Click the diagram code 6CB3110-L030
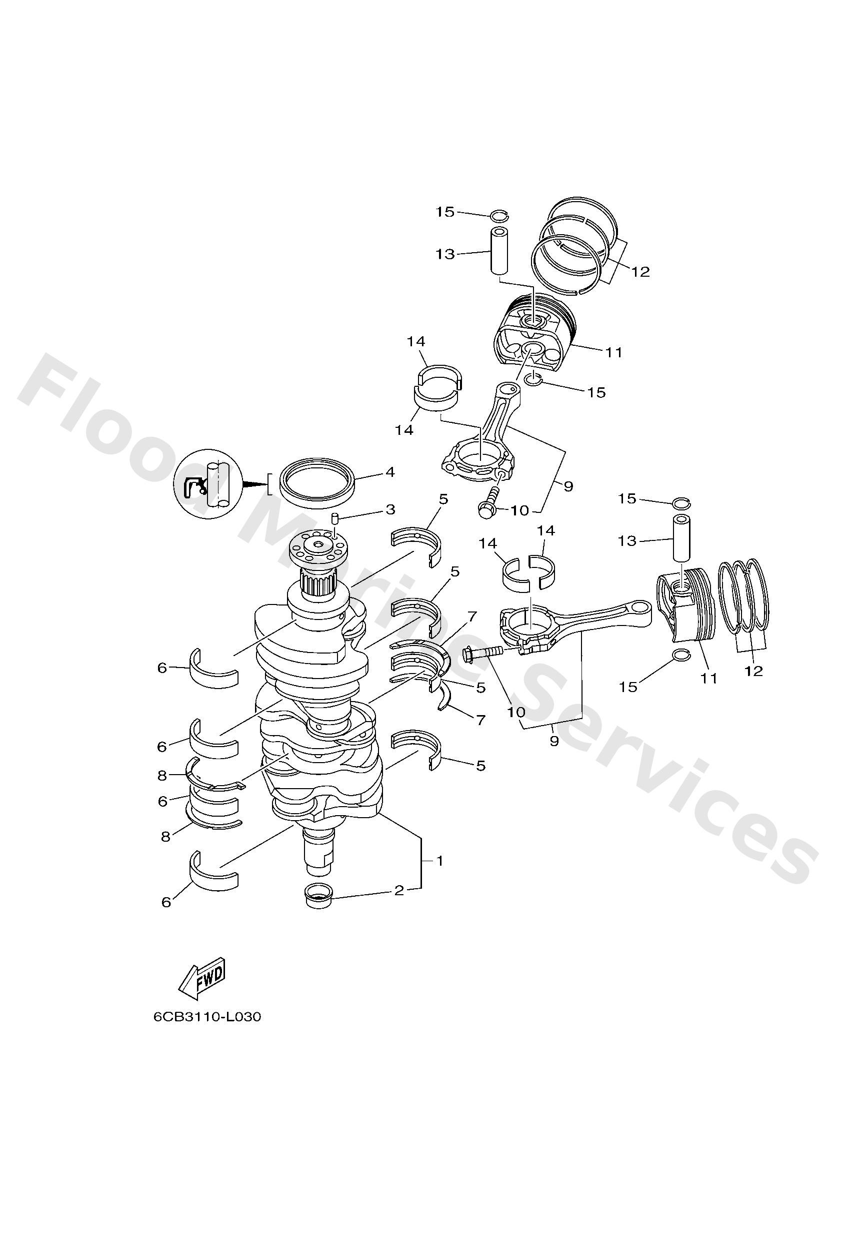tap(207, 1017)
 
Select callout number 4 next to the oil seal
tap(390, 472)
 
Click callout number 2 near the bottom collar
tap(398, 890)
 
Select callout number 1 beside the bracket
tap(439, 861)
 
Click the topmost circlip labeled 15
tap(499, 215)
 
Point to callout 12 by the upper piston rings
tap(640, 272)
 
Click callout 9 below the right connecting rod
tap(553, 741)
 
